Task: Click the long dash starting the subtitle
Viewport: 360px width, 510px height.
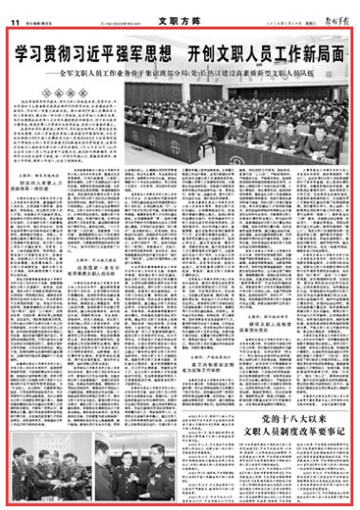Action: coord(48,71)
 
